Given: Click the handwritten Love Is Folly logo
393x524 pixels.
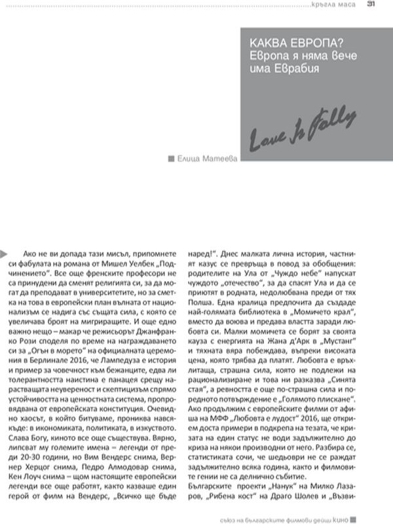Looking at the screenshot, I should (x=303, y=131).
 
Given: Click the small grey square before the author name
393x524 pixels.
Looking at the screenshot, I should (x=172, y=158).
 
